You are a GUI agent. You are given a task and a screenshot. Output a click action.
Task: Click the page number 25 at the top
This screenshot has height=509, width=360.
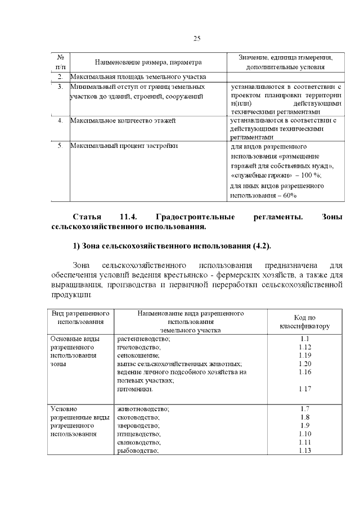coord(197,38)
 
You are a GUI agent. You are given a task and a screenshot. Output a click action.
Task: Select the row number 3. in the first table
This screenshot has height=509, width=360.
coord(60,87)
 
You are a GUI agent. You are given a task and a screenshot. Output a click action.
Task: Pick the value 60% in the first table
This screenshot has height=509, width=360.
coord(287,195)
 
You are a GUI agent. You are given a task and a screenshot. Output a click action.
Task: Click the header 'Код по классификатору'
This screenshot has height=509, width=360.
coord(305,322)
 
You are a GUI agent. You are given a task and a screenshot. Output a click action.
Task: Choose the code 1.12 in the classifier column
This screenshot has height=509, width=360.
coord(305,347)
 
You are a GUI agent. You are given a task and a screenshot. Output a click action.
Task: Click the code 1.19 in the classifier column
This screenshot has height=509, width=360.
coord(305,355)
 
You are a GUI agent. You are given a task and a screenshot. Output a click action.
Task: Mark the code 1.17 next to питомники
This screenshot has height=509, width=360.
coord(305,389)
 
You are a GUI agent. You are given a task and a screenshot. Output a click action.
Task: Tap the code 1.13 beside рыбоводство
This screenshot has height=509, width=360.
coord(305,451)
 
